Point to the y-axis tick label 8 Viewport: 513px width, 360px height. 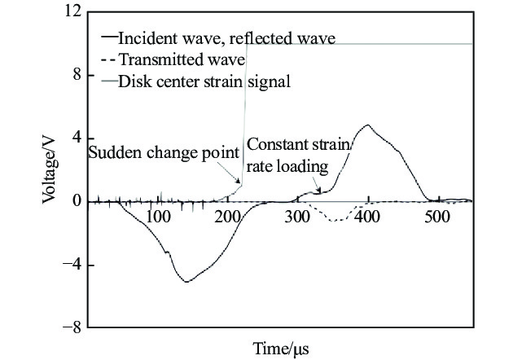click(x=77, y=75)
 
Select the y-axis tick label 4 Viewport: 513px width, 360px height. click(x=77, y=138)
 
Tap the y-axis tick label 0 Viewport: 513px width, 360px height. click(x=77, y=201)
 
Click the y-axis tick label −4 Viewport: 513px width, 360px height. click(x=72, y=265)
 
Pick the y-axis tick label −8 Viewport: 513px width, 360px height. click(x=72, y=327)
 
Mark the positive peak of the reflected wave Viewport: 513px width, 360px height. click(x=368, y=125)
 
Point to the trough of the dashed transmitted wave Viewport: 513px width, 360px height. click(x=335, y=221)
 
